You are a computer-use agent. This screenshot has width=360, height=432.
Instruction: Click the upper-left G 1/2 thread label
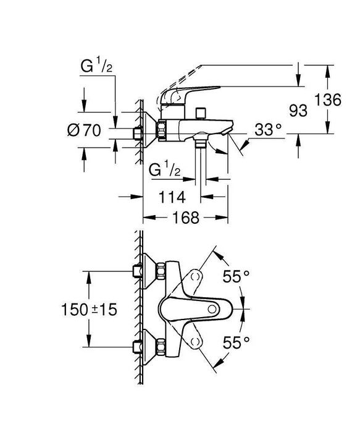[x=96, y=66]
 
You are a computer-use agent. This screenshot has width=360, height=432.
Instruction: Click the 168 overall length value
[x=185, y=218]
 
